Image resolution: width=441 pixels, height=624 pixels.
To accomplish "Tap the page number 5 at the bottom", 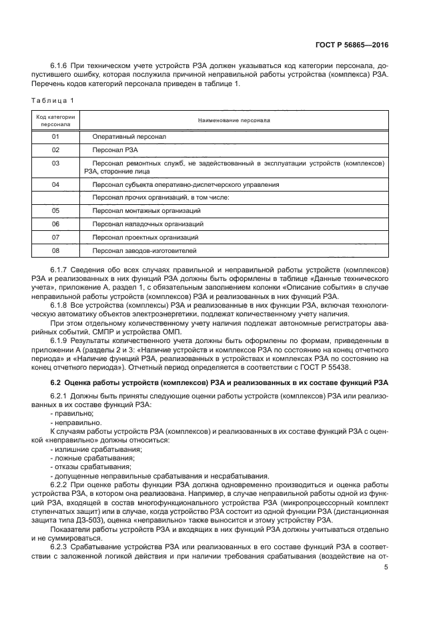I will click(387, 567).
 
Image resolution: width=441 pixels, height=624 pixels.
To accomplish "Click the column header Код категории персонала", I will click(55, 120).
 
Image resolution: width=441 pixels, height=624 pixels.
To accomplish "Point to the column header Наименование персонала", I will click(234, 120).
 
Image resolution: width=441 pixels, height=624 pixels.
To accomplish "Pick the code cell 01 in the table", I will click(55, 136).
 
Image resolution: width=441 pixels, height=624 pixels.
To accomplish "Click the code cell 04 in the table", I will click(55, 184).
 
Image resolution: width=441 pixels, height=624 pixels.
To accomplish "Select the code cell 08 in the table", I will click(55, 250).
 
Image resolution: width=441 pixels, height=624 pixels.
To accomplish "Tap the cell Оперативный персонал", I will click(129, 136).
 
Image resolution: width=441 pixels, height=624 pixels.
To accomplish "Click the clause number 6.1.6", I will click(61, 67).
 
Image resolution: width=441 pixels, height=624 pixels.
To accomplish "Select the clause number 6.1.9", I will click(61, 341).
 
